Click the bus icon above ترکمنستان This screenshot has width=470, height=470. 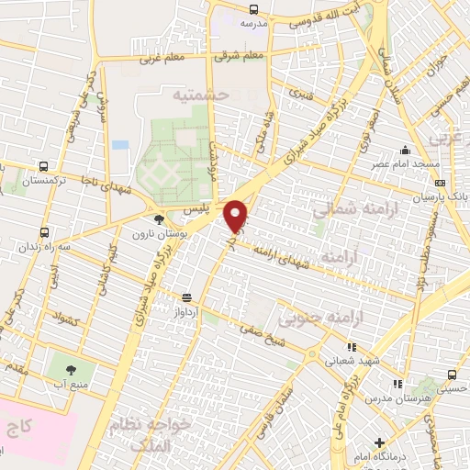pyautogui.click(x=43, y=167)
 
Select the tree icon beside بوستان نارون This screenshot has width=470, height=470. pyautogui.click(x=160, y=218)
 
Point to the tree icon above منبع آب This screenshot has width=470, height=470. pyautogui.click(x=71, y=368)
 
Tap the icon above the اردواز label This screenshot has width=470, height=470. pyautogui.click(x=186, y=297)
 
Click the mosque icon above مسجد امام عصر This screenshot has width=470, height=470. pyautogui.click(x=405, y=150)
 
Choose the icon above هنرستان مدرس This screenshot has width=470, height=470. pyautogui.click(x=397, y=383)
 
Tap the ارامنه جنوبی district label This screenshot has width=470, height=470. pyautogui.click(x=359, y=317)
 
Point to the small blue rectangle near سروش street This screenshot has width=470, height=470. pyautogui.click(x=120, y=144)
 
